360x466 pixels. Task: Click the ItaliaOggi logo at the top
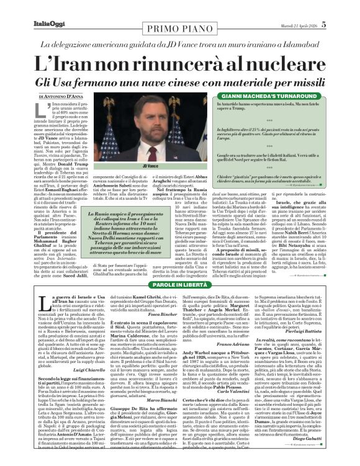28,7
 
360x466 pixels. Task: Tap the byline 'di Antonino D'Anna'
64,96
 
